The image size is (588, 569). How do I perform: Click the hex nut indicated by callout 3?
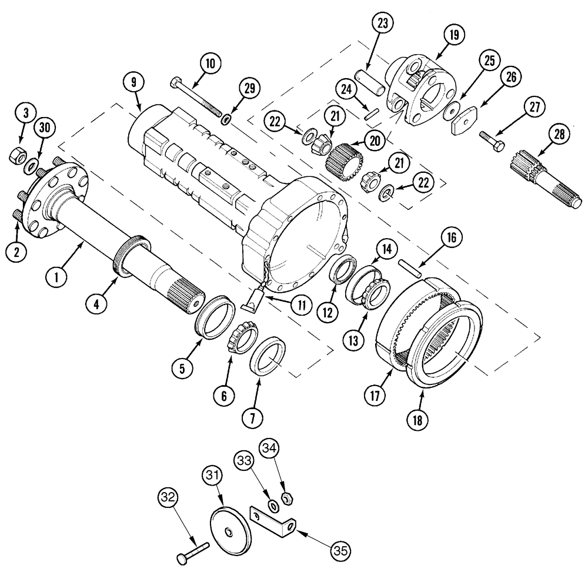[16, 156]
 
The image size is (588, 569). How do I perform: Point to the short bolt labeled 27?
[490, 139]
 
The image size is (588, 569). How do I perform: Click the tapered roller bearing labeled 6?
[240, 339]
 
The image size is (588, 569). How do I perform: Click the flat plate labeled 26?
[465, 125]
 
